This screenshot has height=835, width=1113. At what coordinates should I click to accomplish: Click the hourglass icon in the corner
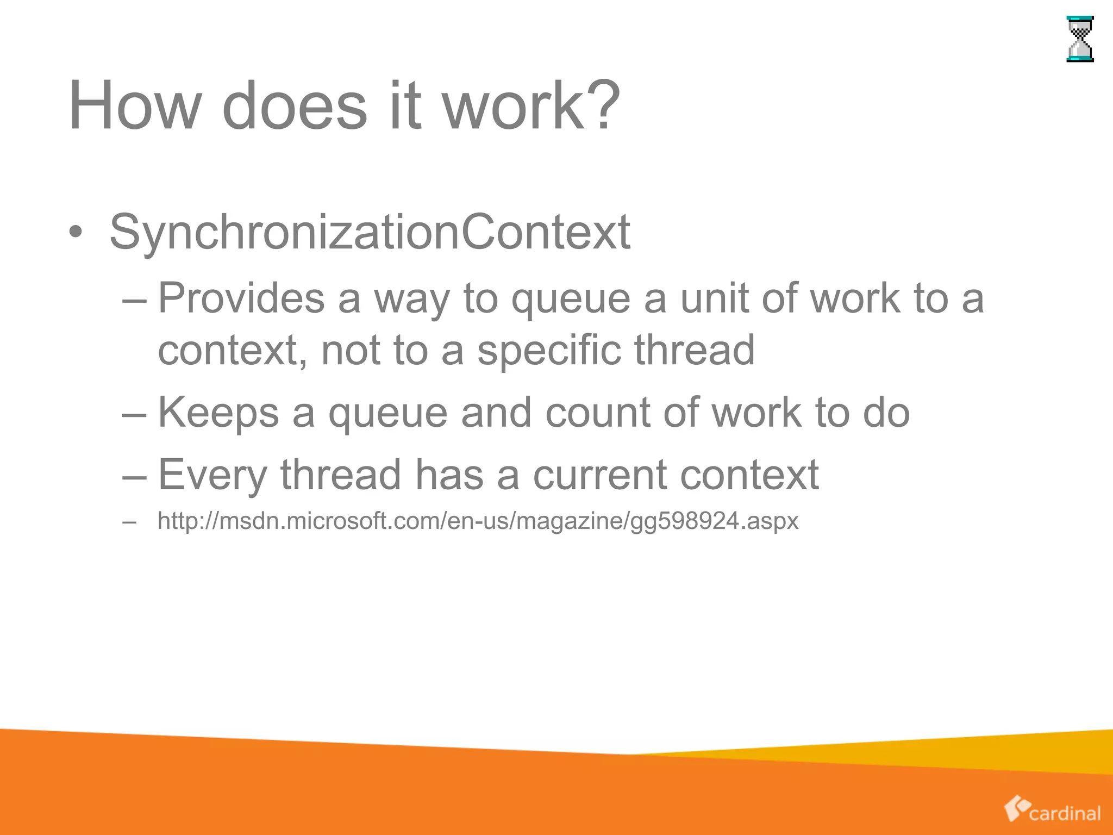[x=1080, y=39]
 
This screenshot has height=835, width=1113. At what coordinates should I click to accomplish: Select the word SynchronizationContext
[x=370, y=232]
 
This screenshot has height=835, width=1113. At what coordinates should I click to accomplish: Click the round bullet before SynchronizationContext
[x=76, y=233]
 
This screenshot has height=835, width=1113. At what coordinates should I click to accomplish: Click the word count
[x=597, y=413]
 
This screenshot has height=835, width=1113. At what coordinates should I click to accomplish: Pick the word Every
[x=212, y=475]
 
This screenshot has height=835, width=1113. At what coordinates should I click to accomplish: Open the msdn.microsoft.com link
[x=478, y=521]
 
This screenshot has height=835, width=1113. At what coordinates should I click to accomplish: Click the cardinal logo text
[x=1064, y=813]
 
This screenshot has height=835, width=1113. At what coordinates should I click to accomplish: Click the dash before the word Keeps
[x=135, y=414]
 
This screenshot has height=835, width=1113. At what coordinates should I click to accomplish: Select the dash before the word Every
[x=135, y=476]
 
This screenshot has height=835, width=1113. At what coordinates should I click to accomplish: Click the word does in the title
[x=294, y=105]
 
